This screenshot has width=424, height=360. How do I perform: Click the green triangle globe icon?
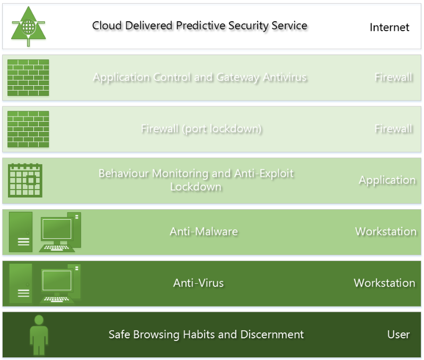coord(29,26)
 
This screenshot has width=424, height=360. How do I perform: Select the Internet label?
coord(390,28)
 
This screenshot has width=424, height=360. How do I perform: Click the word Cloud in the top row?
coord(107,25)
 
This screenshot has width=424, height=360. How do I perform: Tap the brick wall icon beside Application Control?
coord(28,77)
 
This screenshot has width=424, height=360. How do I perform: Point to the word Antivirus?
coord(285,77)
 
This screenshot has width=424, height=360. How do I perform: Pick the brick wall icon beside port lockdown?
coord(28,129)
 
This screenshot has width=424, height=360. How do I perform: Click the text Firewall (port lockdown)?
coord(201,129)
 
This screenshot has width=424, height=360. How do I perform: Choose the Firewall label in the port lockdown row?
coord(393,129)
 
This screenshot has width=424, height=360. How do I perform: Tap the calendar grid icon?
coord(25,180)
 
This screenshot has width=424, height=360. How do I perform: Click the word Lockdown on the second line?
coord(196,186)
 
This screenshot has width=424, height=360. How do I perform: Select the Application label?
coord(387,180)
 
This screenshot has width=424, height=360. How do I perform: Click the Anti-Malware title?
coord(204,231)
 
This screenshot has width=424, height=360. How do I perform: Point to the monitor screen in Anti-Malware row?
coord(57,229)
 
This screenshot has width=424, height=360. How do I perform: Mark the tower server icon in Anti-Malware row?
coord(21,232)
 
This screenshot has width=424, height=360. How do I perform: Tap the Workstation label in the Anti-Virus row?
coord(385,283)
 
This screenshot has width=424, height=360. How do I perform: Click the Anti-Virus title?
coord(198,283)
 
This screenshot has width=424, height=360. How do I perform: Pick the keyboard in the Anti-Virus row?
coord(57,299)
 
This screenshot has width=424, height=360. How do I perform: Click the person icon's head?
coord(39,320)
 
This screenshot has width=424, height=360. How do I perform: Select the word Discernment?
coord(272,335)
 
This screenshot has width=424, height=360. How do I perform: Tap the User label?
coord(399,335)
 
